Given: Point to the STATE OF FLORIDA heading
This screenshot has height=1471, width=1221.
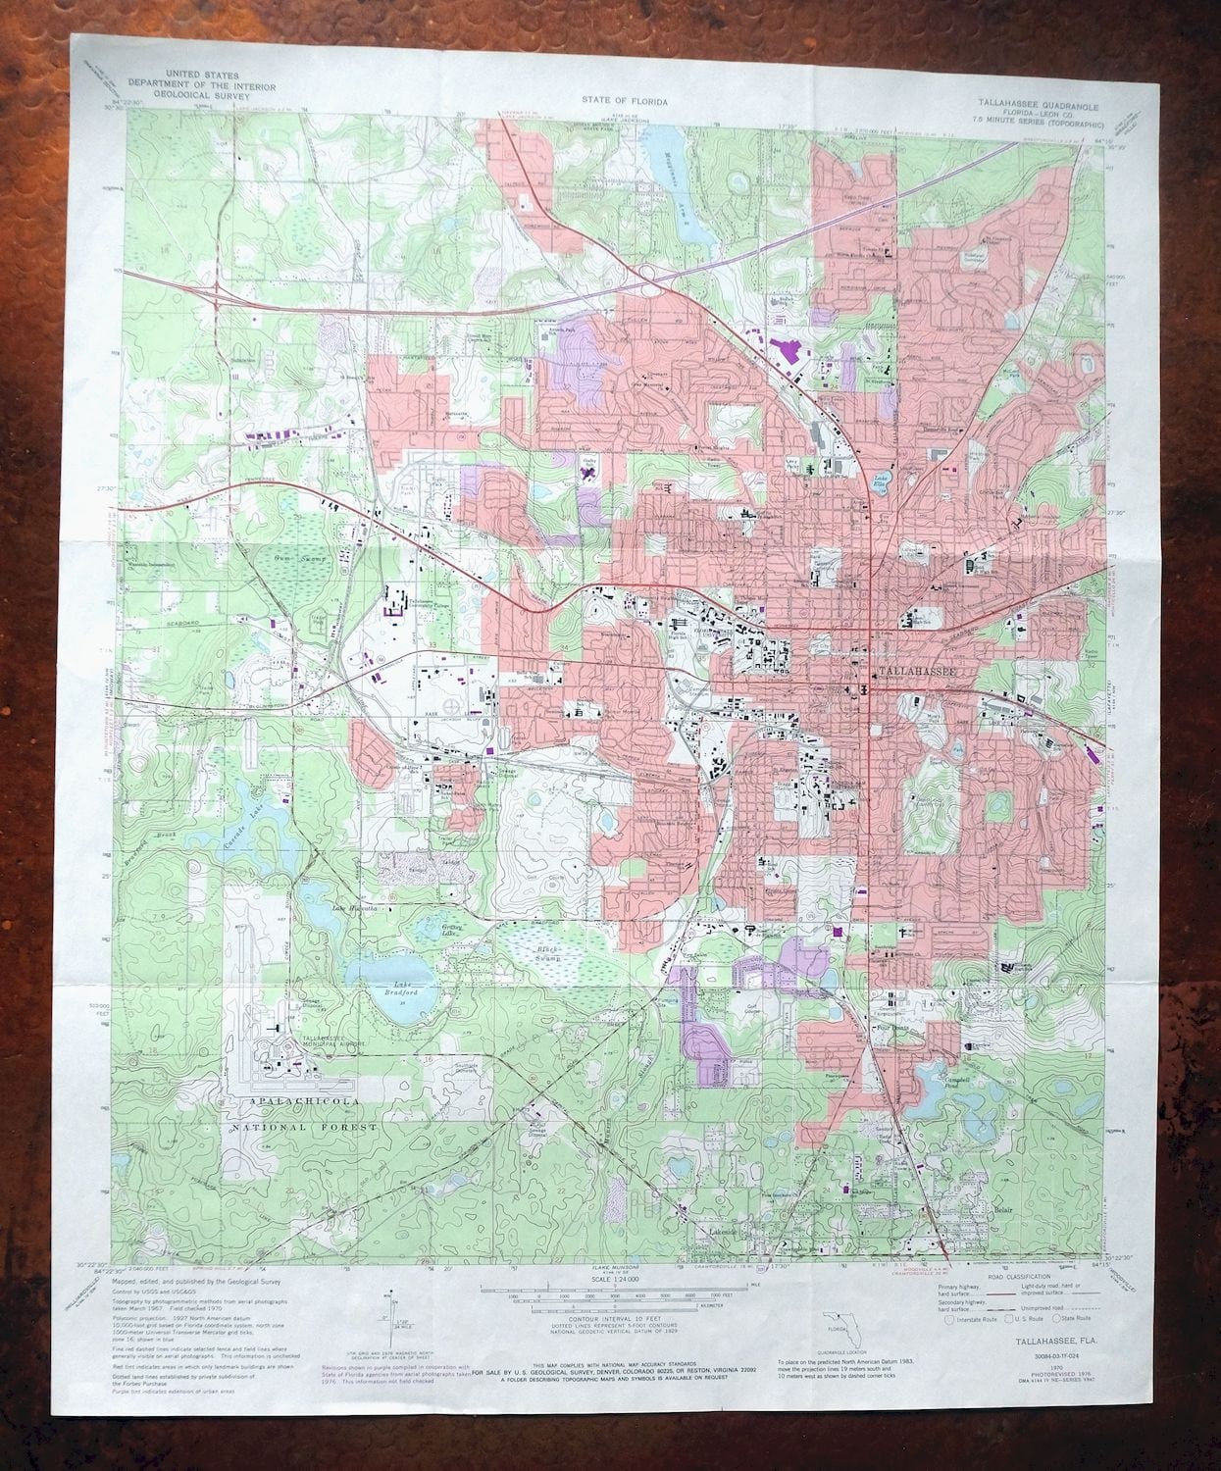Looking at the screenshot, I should (624, 100).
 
